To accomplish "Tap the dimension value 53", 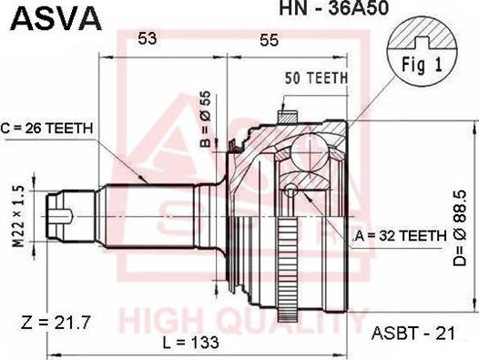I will click(x=148, y=38).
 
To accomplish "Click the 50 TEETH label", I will click(x=316, y=78).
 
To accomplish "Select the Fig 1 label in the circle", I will click(x=421, y=66).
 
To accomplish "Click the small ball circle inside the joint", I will click(x=290, y=190).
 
